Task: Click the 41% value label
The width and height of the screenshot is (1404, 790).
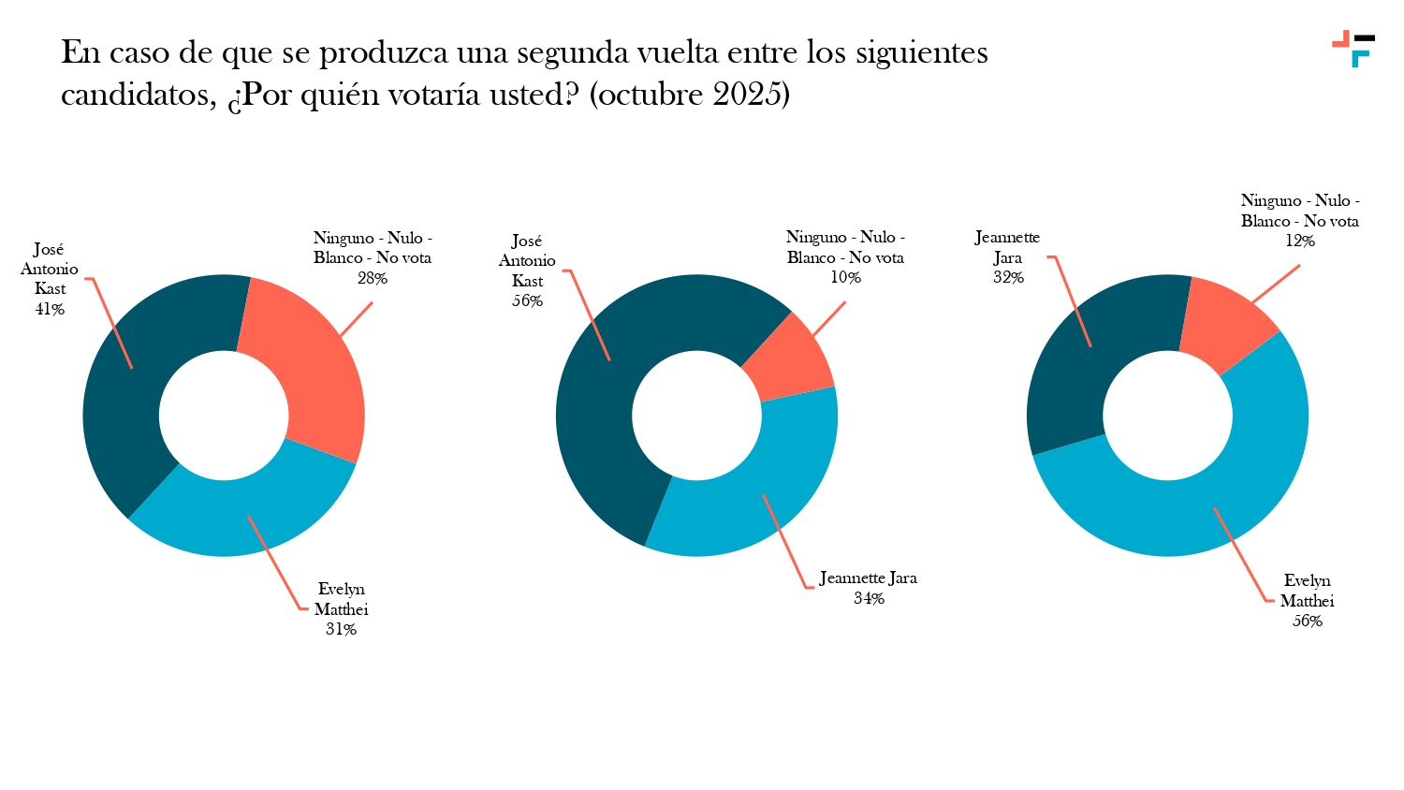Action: pyautogui.click(x=50, y=309)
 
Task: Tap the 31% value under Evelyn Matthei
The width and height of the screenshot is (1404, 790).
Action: pyautogui.click(x=341, y=629)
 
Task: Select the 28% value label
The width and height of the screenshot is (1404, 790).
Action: pyautogui.click(x=372, y=278)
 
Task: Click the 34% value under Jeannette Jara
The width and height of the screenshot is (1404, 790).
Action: pyautogui.click(x=869, y=598)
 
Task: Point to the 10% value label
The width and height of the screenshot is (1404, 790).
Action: pyautogui.click(x=845, y=277)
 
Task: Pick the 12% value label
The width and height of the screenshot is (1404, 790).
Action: pyautogui.click(x=1299, y=241)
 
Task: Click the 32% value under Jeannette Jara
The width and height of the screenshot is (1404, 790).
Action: pyautogui.click(x=1008, y=277)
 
